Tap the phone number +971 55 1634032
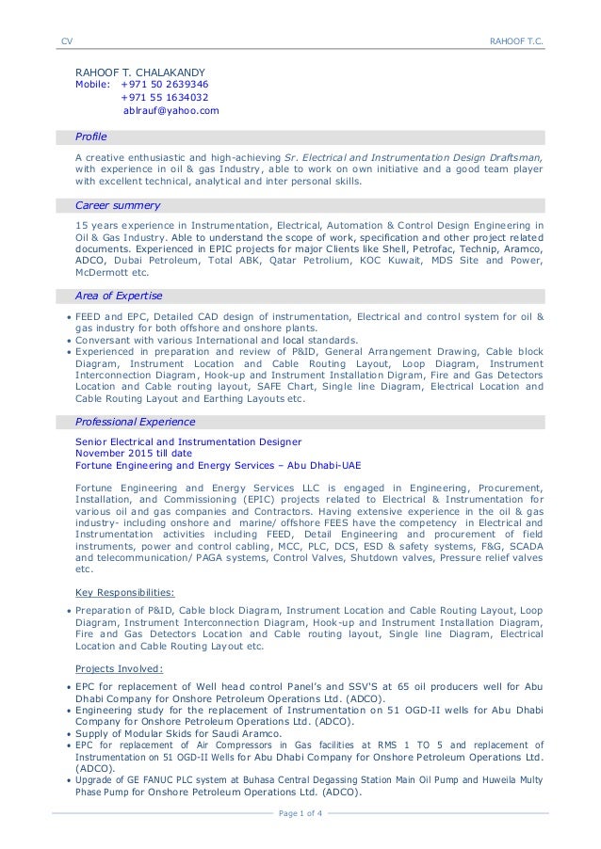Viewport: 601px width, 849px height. point(165,97)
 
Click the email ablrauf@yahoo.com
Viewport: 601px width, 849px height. point(171,110)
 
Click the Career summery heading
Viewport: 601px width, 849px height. point(117,205)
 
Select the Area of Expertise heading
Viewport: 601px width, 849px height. point(119,296)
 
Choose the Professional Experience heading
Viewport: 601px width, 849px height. point(135,421)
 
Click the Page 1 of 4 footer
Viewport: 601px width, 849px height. point(300,813)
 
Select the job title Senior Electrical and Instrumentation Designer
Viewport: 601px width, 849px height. point(187,441)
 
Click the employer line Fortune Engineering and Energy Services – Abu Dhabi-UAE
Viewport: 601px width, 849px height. point(217,464)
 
